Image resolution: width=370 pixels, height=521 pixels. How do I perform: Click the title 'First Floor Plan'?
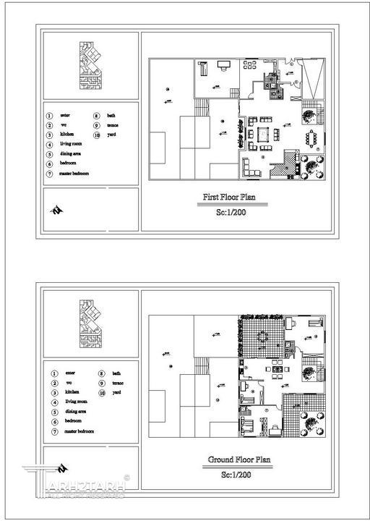(x=233, y=196)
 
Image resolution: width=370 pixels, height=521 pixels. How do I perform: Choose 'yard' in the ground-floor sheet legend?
(x=116, y=391)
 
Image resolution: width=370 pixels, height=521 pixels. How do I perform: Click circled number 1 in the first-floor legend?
(x=49, y=115)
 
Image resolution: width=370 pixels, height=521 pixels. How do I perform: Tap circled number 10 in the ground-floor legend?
(x=102, y=392)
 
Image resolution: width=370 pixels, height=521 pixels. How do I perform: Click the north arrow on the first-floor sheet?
(x=56, y=210)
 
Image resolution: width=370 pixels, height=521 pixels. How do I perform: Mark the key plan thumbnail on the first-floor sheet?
(x=89, y=64)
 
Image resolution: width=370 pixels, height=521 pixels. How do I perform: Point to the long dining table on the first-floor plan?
(x=312, y=137)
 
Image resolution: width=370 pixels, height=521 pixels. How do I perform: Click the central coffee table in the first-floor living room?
(x=262, y=134)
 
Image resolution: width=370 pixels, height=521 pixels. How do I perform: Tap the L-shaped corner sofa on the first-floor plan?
(x=249, y=169)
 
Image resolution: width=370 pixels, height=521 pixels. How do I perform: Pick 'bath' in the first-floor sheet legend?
(x=111, y=115)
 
